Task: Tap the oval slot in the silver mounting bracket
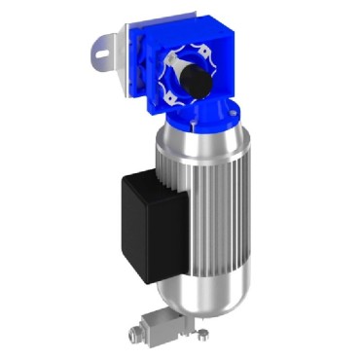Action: (102, 46)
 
